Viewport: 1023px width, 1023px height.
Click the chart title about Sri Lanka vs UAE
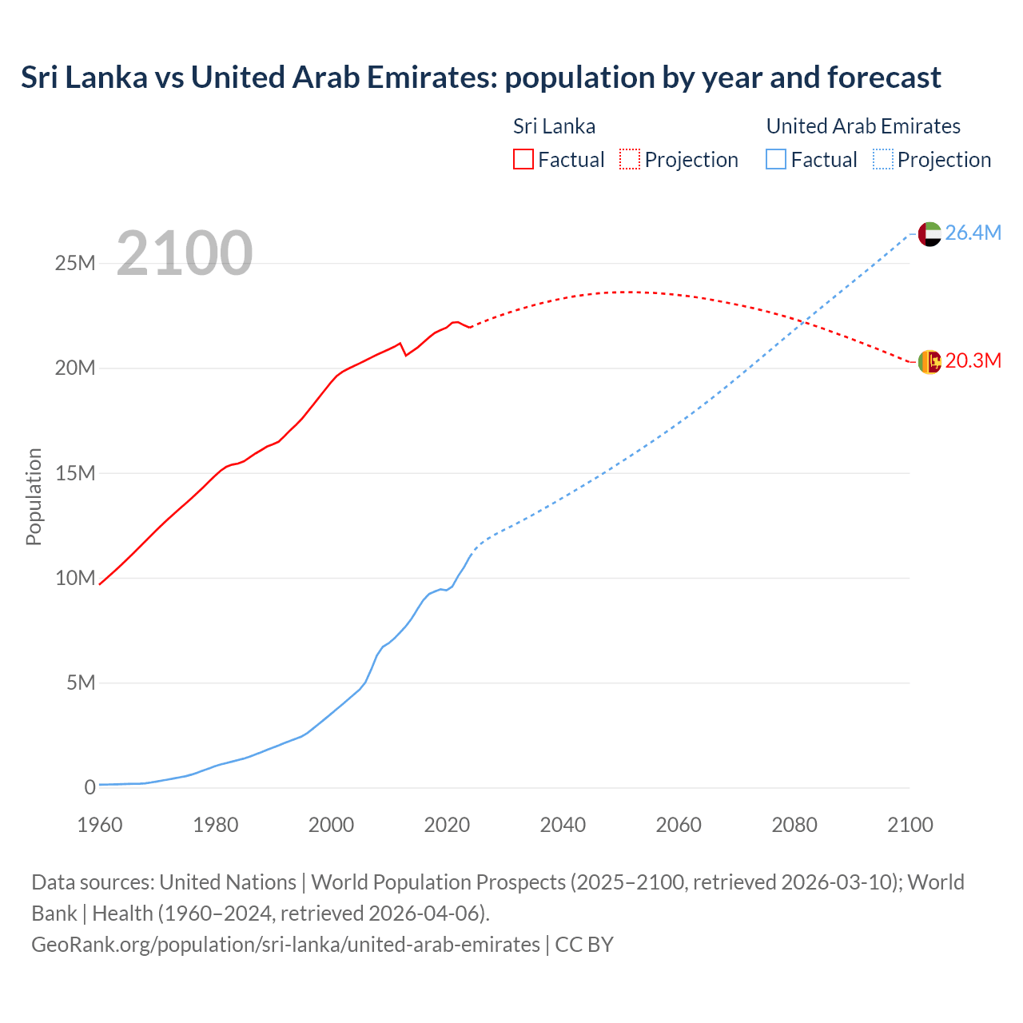tap(480, 78)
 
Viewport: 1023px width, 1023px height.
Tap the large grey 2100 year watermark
tap(185, 253)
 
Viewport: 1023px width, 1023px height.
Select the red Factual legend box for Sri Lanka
tap(523, 159)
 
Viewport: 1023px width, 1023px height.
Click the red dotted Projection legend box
tap(630, 159)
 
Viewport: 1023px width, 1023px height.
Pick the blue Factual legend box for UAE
tap(776, 159)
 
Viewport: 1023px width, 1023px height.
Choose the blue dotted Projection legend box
tap(883, 159)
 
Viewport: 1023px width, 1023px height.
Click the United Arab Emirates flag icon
tap(929, 233)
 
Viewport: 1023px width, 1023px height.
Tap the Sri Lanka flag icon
tap(929, 361)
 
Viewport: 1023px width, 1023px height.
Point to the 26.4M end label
tap(973, 233)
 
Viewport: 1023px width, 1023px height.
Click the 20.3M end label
tap(973, 360)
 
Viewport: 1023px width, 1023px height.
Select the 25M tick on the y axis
tap(75, 263)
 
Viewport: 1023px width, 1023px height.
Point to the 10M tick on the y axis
tap(75, 578)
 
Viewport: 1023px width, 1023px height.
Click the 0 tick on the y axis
tap(90, 787)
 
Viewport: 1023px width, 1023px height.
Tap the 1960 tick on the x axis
tap(100, 825)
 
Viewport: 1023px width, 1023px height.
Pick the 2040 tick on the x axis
tap(563, 825)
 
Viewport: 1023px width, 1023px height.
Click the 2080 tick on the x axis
tap(794, 825)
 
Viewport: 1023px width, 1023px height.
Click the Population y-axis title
tap(34, 496)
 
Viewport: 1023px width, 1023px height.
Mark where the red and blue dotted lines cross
tap(803, 321)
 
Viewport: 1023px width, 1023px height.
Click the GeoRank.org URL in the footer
tap(285, 945)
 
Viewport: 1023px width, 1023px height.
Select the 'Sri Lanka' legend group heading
tap(554, 126)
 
